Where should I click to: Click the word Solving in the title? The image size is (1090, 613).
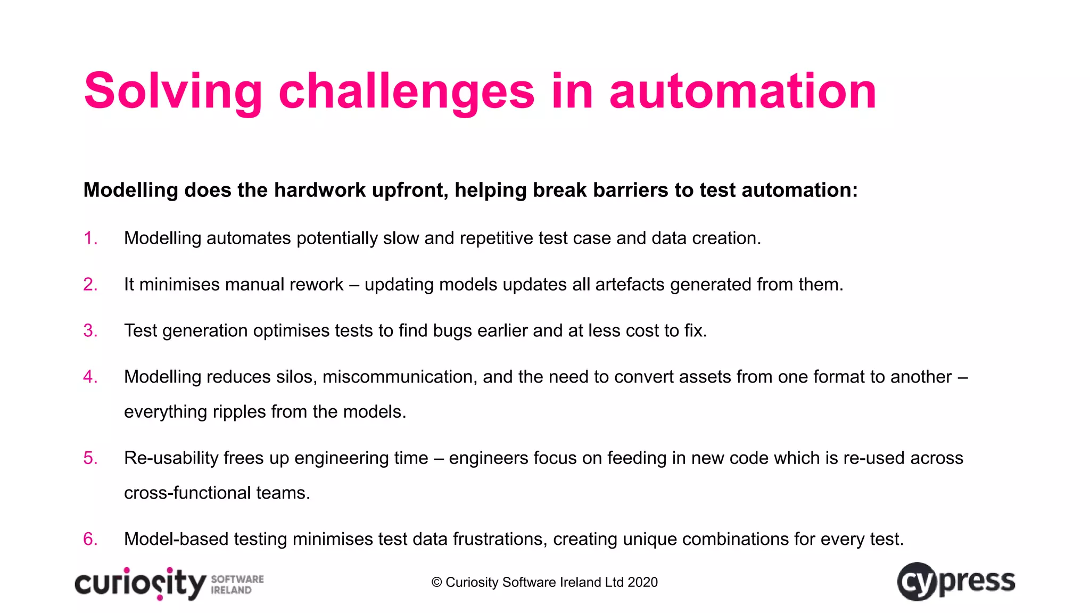pyautogui.click(x=173, y=92)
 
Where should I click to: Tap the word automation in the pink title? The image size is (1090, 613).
pyautogui.click(x=743, y=92)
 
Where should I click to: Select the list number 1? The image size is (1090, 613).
pyautogui.click(x=90, y=238)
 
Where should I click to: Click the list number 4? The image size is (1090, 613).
pyautogui.click(x=90, y=377)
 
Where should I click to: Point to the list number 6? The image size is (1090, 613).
pyautogui.click(x=90, y=539)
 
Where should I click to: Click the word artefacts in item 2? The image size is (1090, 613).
pyautogui.click(x=630, y=285)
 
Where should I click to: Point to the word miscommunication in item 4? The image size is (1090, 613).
pyautogui.click(x=400, y=377)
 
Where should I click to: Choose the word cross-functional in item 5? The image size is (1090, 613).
pyautogui.click(x=187, y=493)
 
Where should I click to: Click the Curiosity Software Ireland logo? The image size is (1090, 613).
pyautogui.click(x=169, y=584)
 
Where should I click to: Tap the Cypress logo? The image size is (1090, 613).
pyautogui.click(x=956, y=582)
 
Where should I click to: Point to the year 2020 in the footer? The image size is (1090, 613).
pyautogui.click(x=642, y=583)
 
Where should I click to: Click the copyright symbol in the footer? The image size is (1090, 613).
pyautogui.click(x=436, y=583)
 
